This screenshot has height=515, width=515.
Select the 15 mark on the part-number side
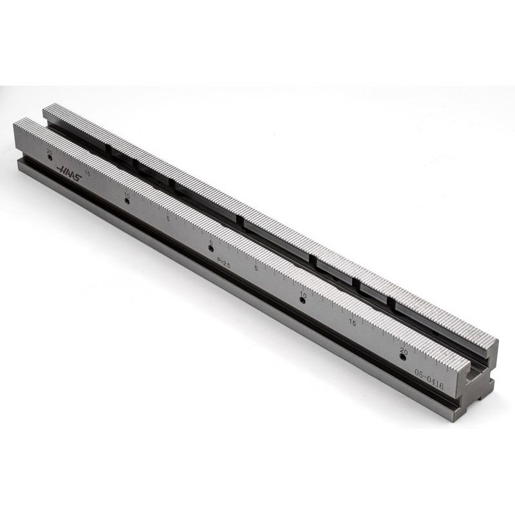[x=352, y=322]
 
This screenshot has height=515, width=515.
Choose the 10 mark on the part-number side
[x=303, y=294]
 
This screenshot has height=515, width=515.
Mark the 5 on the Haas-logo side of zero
[x=168, y=218]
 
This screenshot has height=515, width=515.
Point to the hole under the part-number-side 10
[x=303, y=301]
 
